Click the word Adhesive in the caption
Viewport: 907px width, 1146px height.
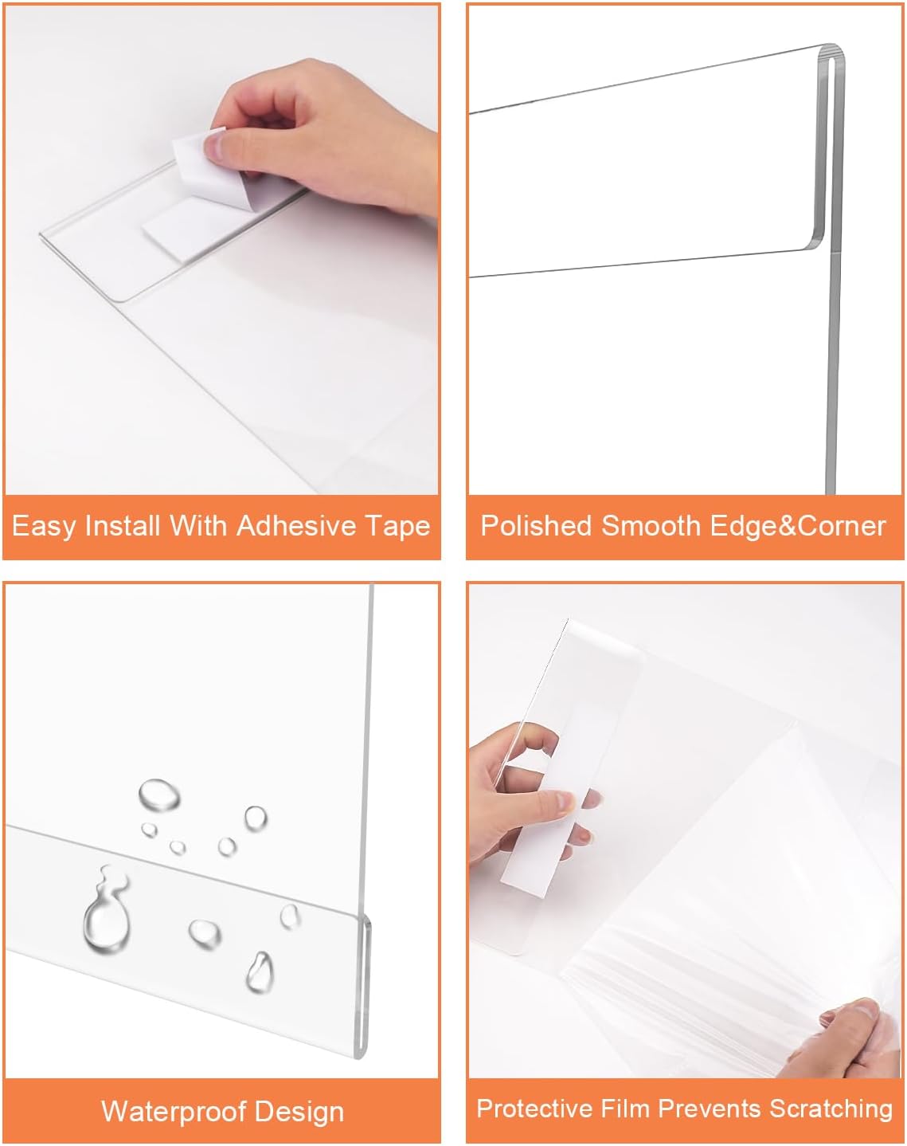[x=296, y=526]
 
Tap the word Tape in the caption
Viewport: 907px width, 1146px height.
[x=397, y=526]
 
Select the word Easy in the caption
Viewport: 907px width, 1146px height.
[x=44, y=526]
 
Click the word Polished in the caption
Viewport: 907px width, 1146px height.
[x=536, y=526]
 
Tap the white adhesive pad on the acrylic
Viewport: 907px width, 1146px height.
[x=179, y=227]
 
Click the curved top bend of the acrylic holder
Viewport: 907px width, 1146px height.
[x=831, y=56]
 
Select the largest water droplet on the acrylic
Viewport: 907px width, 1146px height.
[x=106, y=916]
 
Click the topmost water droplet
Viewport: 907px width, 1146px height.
[x=158, y=795]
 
